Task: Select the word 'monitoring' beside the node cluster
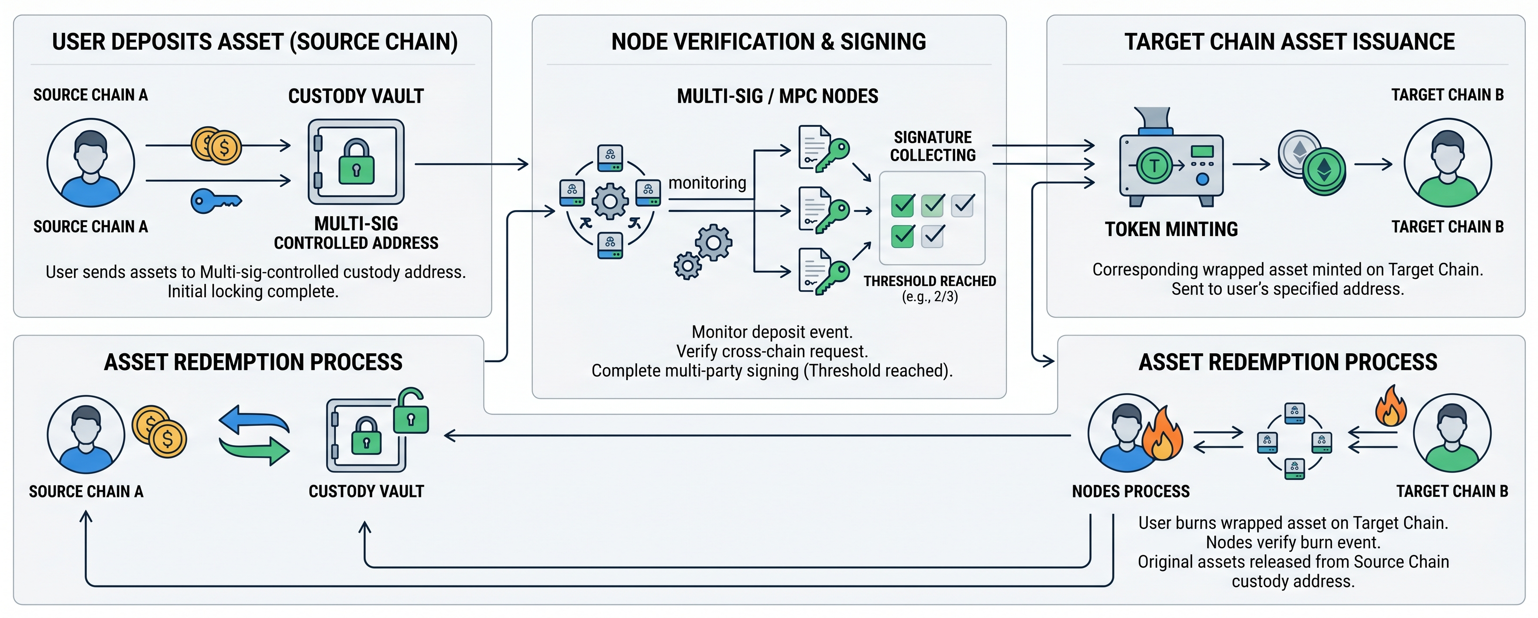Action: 707,183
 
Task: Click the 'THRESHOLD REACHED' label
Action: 930,281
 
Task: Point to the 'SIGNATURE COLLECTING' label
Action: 933,146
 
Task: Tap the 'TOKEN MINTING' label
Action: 1171,229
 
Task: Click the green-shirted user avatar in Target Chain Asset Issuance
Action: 1447,163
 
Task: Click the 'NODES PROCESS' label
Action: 1131,491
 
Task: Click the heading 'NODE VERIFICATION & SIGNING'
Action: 769,42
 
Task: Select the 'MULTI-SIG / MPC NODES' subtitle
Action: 777,96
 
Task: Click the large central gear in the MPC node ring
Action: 610,201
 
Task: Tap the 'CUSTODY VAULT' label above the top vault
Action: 356,96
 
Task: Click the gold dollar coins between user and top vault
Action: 216,146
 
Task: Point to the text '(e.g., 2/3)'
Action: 930,297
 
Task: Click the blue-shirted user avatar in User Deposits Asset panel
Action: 91,163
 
